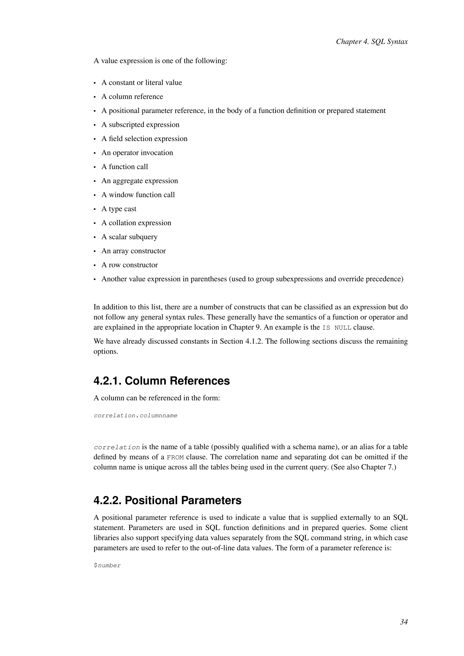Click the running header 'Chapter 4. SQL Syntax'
pos(372,42)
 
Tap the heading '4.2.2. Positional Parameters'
pos(167,500)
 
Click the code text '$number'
pos(107,565)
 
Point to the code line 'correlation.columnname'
pos(135,415)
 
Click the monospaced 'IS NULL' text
pos(337,328)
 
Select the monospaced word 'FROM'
pos(175,457)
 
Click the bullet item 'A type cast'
pos(119,209)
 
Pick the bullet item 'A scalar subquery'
pos(129,237)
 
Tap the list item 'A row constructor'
pos(129,265)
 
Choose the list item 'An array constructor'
pos(133,251)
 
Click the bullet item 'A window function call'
pos(138,195)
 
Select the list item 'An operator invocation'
pos(137,153)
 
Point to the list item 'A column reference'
pos(132,96)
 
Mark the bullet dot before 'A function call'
pos(94,167)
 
